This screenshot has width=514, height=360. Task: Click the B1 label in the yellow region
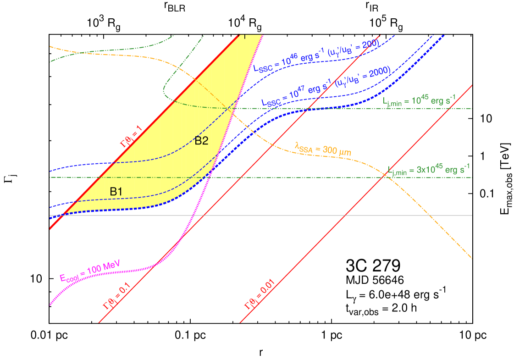point(116,192)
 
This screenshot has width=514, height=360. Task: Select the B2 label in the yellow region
point(202,141)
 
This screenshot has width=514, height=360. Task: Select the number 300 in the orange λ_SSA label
point(331,150)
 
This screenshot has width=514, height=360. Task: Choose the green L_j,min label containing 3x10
point(428,170)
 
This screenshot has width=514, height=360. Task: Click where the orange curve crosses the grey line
point(429,215)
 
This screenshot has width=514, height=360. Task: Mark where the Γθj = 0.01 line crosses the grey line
point(345,215)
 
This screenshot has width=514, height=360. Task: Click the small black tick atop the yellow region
point(245,36)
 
